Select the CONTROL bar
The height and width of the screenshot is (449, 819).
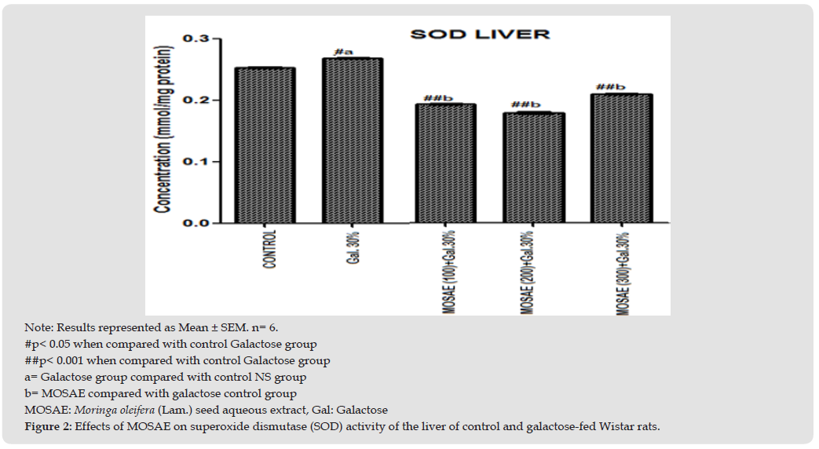(265, 145)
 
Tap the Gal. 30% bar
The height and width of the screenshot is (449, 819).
(353, 141)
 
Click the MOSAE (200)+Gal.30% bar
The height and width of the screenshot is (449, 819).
(534, 168)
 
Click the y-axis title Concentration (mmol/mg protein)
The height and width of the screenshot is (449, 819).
(164, 130)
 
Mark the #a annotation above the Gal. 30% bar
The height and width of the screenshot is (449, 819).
(342, 52)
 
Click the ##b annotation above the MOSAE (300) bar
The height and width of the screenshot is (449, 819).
(611, 88)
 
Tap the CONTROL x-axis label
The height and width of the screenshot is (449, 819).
(269, 250)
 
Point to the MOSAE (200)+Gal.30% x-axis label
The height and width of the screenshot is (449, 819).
(529, 271)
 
